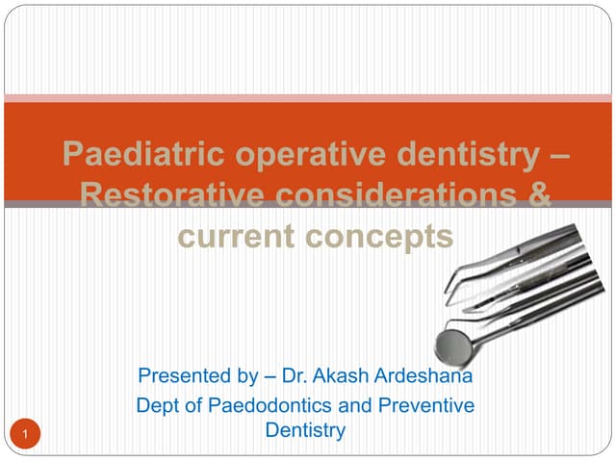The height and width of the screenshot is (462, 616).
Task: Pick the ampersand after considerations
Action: point(540,195)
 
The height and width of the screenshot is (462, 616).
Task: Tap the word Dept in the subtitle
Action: point(159,406)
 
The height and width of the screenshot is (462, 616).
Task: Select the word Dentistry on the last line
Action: point(305,431)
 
